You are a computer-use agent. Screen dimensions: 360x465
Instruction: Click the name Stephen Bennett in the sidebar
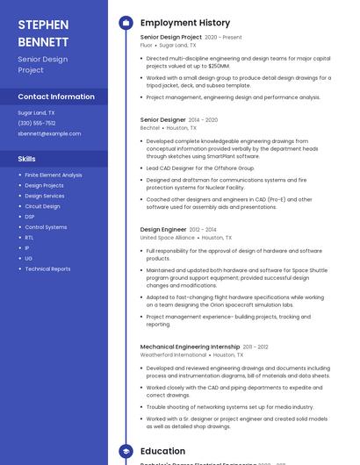pyautogui.click(x=43, y=32)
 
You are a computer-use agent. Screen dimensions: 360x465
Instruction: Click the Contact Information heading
pyautogui.click(x=56, y=97)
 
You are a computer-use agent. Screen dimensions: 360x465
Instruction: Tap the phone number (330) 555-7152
pyautogui.click(x=37, y=123)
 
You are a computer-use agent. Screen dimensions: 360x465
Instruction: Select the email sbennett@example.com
pyautogui.click(x=49, y=133)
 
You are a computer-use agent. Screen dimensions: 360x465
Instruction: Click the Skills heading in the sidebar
pyautogui.click(x=27, y=159)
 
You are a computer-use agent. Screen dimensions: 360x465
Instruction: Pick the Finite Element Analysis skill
pyautogui.click(x=54, y=175)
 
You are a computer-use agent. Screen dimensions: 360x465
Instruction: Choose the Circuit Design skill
pyautogui.click(x=42, y=206)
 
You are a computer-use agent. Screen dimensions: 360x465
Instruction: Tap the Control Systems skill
pyautogui.click(x=46, y=227)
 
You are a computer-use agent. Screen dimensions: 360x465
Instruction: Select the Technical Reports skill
pyautogui.click(x=47, y=269)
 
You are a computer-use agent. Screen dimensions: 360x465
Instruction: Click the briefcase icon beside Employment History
pyautogui.click(x=126, y=22)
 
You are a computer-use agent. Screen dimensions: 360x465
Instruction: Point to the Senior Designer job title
pyautogui.click(x=163, y=119)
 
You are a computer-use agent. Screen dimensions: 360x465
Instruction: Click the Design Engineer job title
pyautogui.click(x=163, y=229)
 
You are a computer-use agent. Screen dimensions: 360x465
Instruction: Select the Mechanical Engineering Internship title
pyautogui.click(x=191, y=347)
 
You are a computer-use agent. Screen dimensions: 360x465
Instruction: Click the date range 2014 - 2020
pyautogui.click(x=203, y=119)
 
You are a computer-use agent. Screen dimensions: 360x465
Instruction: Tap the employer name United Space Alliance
pyautogui.click(x=168, y=238)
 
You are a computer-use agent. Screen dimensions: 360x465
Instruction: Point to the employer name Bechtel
pyautogui.click(x=150, y=128)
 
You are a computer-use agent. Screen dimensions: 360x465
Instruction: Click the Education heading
pyautogui.click(x=162, y=451)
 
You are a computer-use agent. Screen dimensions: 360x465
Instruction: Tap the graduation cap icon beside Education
pyautogui.click(x=126, y=451)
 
